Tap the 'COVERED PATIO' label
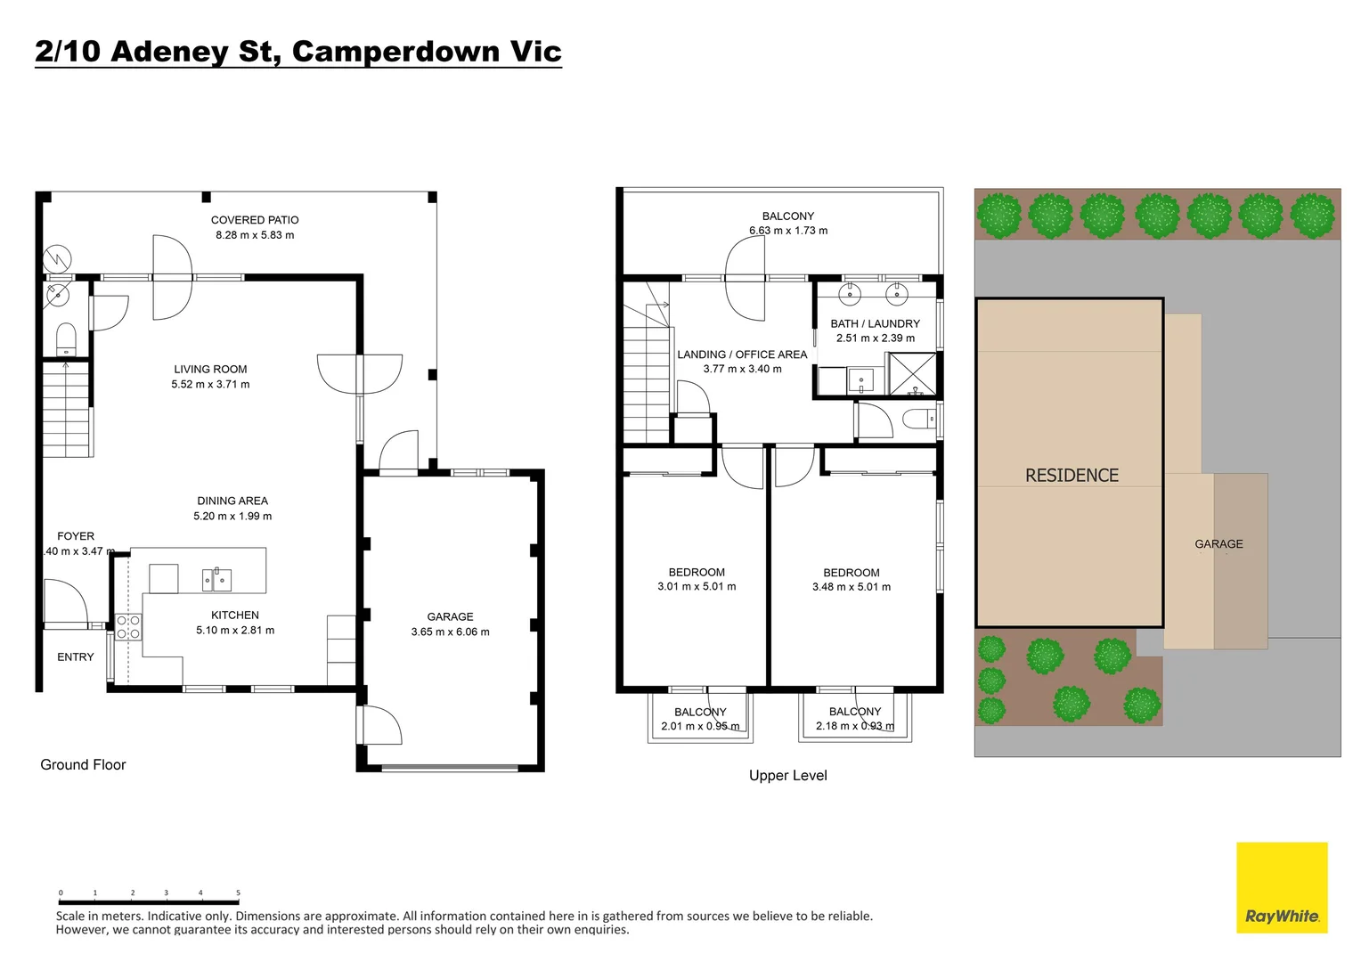[x=255, y=220]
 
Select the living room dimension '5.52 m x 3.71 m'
[x=210, y=384]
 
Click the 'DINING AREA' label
[x=232, y=501]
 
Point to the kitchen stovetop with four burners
[x=129, y=627]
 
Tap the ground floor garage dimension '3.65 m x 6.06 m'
[x=450, y=632]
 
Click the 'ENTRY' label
[x=76, y=657]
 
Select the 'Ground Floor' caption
[x=83, y=764]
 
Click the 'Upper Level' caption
[x=788, y=776]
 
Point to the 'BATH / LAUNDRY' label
[x=876, y=324]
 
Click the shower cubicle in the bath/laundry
[x=913, y=373]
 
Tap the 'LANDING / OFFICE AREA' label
[x=743, y=355]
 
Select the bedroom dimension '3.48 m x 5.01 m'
[x=852, y=587]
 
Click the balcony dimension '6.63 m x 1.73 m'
[x=788, y=231]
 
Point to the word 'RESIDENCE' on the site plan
[x=1072, y=476]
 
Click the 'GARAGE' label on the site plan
[x=1218, y=544]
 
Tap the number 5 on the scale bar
[x=238, y=893]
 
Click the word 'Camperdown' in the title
[x=395, y=52]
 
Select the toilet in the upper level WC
[x=919, y=419]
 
